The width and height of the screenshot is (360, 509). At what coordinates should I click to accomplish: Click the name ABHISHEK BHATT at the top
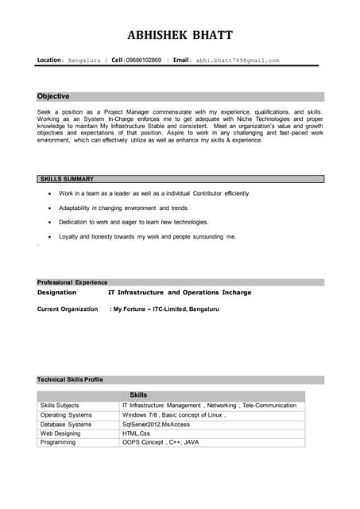pos(180,35)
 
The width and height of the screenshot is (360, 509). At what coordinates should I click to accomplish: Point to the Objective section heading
pos(53,96)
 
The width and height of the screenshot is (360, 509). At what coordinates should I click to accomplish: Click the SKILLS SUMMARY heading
pos(67,179)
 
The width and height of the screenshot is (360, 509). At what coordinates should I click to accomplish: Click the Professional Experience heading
pos(72,282)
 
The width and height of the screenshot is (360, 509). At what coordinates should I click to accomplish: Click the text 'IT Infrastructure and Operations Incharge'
pos(180,293)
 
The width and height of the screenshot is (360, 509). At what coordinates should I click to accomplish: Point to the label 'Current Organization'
pos(68,309)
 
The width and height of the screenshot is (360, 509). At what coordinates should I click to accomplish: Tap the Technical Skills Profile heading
pos(70,379)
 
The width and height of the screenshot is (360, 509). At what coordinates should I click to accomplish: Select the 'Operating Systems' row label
pos(66,415)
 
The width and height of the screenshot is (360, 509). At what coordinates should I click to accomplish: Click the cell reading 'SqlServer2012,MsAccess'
pos(157,425)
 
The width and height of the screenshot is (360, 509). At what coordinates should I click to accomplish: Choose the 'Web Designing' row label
pos(60,433)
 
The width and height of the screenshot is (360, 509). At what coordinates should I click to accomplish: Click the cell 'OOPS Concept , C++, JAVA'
pos(161,442)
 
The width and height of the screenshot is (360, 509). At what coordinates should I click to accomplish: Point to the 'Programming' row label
pos(58,442)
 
